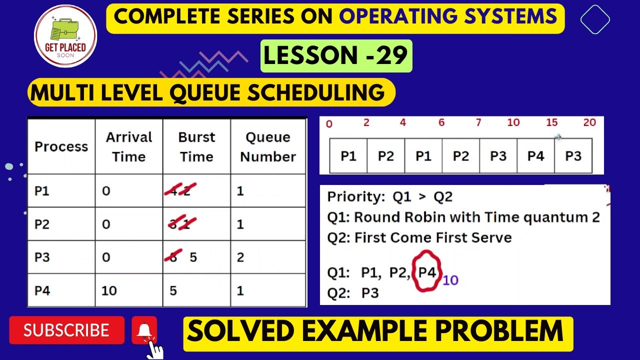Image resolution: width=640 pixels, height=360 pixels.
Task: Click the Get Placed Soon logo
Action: click(x=65, y=36)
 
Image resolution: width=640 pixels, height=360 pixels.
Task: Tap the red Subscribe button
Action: click(x=66, y=330)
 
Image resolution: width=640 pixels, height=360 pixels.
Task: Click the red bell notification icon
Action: click(x=144, y=330)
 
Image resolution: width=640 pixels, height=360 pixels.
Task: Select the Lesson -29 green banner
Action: click(x=336, y=56)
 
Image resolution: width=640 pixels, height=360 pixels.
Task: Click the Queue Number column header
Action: click(x=268, y=146)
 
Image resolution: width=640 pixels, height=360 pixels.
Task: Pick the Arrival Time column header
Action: click(x=128, y=146)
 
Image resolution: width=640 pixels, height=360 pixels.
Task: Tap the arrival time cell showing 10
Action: click(x=109, y=290)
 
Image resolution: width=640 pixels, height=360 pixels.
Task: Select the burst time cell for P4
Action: click(x=173, y=290)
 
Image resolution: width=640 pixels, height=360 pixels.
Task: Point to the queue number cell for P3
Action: click(x=240, y=257)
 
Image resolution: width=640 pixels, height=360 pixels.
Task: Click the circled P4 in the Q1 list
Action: click(x=426, y=273)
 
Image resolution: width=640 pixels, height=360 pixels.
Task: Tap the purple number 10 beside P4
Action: click(x=450, y=280)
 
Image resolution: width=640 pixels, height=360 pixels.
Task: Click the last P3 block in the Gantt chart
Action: click(x=573, y=156)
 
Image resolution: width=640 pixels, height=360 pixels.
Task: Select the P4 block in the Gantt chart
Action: click(x=535, y=156)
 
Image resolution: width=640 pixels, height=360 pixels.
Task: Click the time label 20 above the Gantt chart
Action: click(x=589, y=123)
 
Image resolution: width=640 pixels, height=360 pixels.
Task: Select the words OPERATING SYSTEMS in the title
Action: click(x=448, y=17)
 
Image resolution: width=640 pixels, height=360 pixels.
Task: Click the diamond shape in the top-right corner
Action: click(x=595, y=20)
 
